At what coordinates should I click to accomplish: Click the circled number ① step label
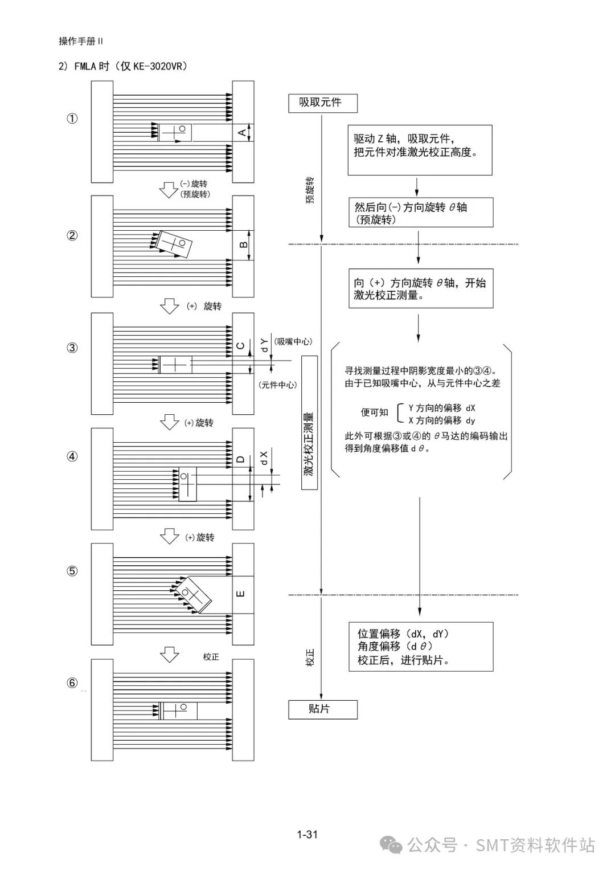[x=72, y=119]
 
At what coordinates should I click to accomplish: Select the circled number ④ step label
[x=72, y=456]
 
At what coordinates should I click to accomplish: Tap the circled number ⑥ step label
[x=72, y=683]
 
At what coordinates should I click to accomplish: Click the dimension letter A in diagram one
[x=242, y=133]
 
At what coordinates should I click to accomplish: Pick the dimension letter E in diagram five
[x=241, y=594]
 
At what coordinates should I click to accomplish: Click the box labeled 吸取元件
[x=323, y=103]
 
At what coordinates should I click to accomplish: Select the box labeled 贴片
[x=323, y=709]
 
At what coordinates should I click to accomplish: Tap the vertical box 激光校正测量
[x=309, y=423]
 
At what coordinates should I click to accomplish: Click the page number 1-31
[x=307, y=834]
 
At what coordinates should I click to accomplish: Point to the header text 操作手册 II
[x=81, y=41]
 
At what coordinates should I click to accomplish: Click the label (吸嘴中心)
[x=293, y=341]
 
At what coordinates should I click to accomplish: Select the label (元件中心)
[x=278, y=385]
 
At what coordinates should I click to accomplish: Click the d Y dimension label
[x=264, y=345]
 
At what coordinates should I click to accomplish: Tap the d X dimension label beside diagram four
[x=264, y=458]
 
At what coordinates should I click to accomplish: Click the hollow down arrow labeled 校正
[x=170, y=655]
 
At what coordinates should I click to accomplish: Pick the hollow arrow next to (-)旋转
[x=169, y=190]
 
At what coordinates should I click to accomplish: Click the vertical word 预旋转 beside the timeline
[x=310, y=190]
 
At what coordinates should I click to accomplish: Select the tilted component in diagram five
[x=193, y=595]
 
